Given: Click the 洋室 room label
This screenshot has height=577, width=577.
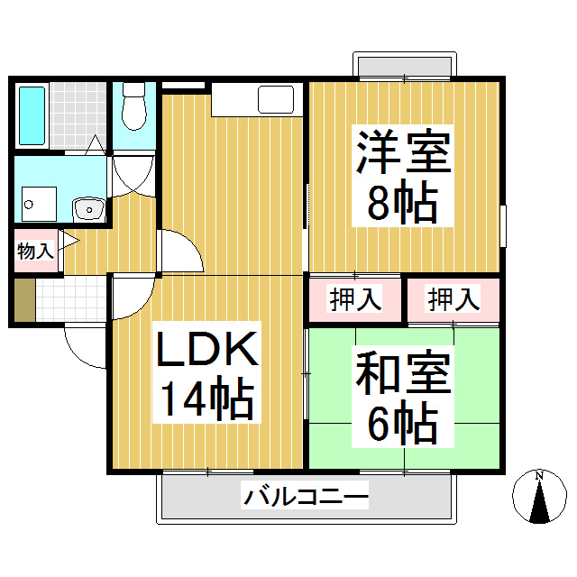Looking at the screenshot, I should click(403, 154).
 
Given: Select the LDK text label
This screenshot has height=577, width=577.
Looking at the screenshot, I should click(208, 349).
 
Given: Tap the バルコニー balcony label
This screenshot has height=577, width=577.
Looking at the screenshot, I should click(306, 496).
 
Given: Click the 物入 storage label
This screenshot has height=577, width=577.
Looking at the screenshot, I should click(34, 251).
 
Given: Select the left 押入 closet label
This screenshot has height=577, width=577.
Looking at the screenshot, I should click(354, 298).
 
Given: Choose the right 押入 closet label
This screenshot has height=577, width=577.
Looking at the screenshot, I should click(453, 298).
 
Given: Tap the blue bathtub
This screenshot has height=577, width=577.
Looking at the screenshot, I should click(32, 115).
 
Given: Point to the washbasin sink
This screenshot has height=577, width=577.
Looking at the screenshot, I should click(89, 209).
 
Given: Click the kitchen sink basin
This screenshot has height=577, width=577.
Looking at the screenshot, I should click(274, 99).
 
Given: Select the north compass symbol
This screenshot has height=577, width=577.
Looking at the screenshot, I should click(538, 498).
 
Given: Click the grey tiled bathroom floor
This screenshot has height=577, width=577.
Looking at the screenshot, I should click(76, 115).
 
